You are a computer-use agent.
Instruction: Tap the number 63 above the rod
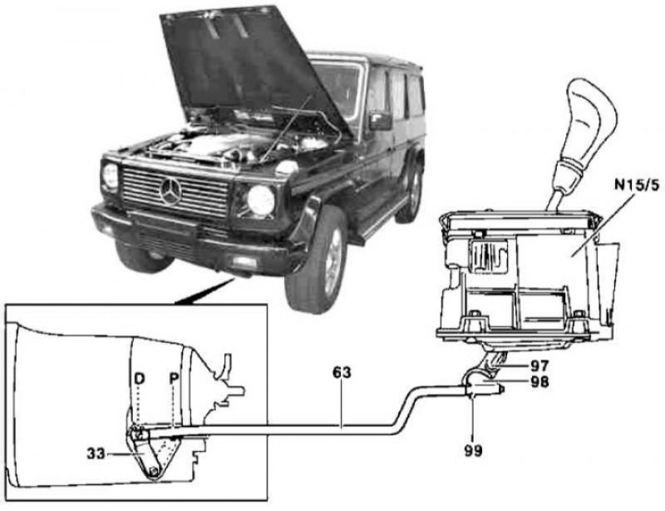coord(342,373)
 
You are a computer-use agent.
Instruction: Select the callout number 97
coord(519,365)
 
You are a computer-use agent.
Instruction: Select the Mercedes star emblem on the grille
coord(172,191)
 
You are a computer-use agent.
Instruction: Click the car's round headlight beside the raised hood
coord(260,201)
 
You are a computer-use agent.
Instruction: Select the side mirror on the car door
coord(380,121)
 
